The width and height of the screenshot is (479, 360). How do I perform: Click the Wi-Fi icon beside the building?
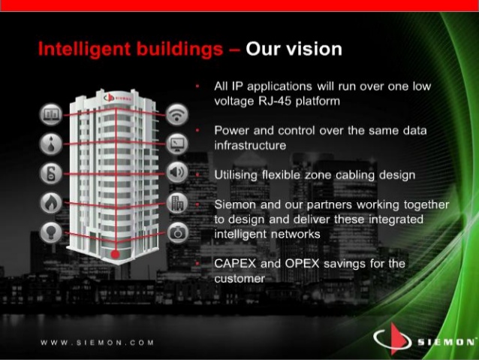177,115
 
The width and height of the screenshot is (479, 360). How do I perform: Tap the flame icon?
51,203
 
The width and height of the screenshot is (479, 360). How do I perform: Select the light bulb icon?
51,232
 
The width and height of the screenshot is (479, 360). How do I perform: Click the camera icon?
177,233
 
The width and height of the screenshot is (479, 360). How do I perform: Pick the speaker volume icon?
177,173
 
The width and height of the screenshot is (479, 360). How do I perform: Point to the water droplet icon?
51,144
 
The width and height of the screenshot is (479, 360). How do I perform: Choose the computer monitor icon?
177,144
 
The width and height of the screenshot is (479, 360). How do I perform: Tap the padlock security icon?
51,173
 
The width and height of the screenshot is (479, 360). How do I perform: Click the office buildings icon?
177,203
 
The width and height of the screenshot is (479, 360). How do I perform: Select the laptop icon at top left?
51,115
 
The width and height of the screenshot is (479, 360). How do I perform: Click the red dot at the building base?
115,255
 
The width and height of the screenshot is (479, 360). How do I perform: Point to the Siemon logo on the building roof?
118,98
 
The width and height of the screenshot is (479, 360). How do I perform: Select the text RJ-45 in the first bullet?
275,101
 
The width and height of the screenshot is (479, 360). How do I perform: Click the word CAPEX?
235,263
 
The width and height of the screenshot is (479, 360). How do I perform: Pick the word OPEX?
302,263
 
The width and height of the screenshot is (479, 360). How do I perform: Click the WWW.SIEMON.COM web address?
97,343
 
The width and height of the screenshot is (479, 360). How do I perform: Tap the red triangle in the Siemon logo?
398,339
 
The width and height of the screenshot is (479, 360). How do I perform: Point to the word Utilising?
236,175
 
